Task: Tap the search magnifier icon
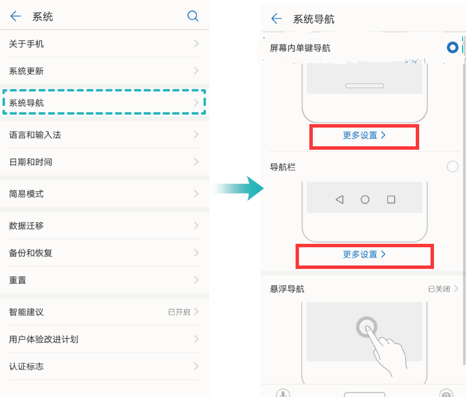[193, 16]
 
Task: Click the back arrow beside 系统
[15, 16]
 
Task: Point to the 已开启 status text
[179, 312]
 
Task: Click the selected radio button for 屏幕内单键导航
[452, 47]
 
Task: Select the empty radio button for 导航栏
[452, 166]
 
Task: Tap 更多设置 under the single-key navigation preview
[364, 135]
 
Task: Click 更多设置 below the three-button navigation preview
[364, 254]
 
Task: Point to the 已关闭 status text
[438, 289]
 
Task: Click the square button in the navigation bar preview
[391, 199]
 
